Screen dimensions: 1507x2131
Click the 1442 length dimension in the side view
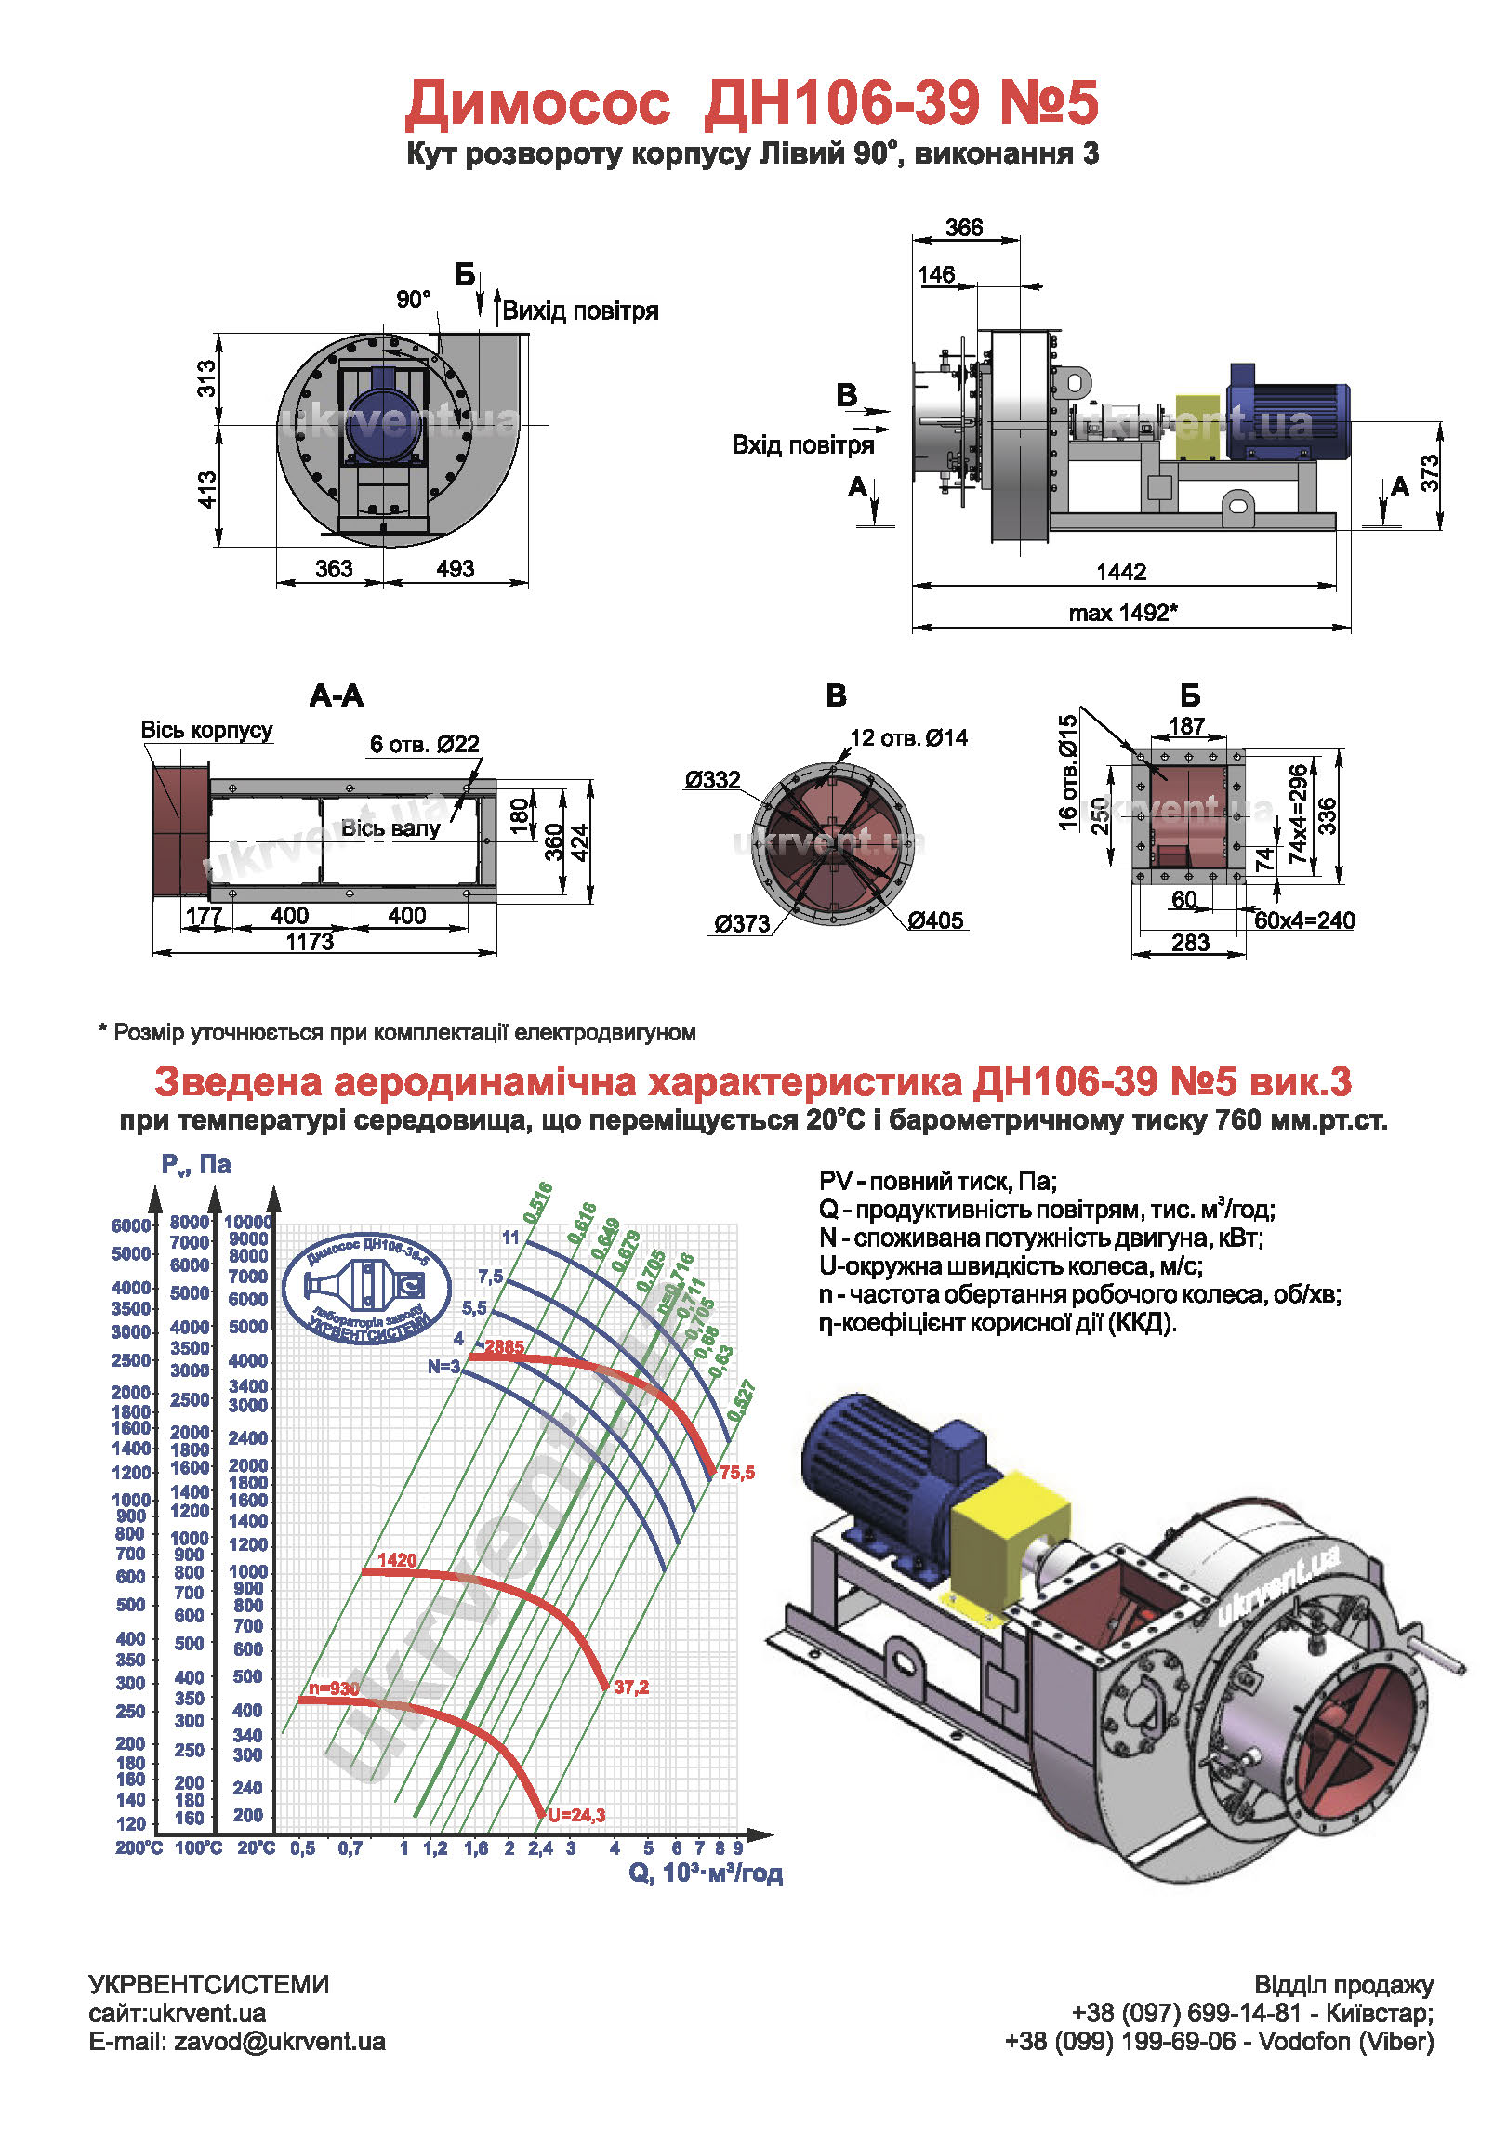1121,572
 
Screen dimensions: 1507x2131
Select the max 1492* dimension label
1123,613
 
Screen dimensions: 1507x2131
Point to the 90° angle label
414,299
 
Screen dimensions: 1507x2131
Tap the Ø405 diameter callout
936,920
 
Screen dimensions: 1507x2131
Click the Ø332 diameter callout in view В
713,780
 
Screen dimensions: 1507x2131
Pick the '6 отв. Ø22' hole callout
425,744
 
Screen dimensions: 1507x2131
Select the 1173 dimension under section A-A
310,942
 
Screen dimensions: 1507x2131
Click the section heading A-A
337,695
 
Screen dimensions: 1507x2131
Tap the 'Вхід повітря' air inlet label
803,445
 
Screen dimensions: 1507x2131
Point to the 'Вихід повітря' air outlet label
581,311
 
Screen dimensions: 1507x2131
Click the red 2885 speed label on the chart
504,1347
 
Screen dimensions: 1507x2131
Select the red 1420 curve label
397,1560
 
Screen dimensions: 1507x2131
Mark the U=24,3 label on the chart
576,1815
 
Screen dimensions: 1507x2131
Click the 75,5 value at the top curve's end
737,1473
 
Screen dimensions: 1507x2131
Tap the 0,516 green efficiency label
537,1202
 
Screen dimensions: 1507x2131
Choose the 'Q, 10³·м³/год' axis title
706,1873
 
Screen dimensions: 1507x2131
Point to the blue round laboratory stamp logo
366,1289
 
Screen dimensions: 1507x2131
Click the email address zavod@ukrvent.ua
280,2042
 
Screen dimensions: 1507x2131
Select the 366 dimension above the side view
964,228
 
